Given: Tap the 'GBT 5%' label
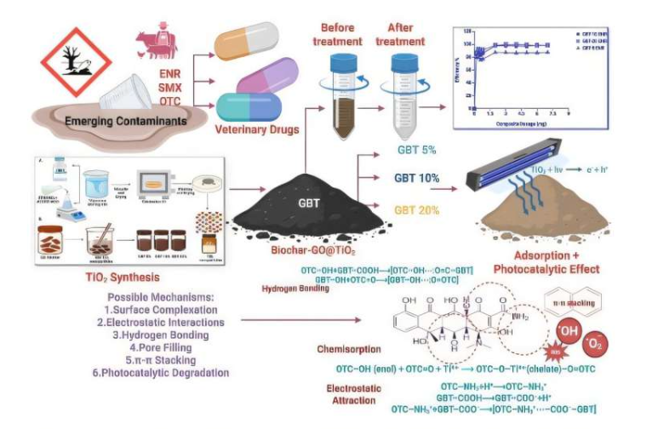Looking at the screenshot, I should click(x=416, y=151).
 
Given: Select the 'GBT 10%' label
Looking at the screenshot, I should click(x=417, y=179).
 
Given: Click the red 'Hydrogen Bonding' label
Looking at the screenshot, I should click(x=296, y=289).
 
